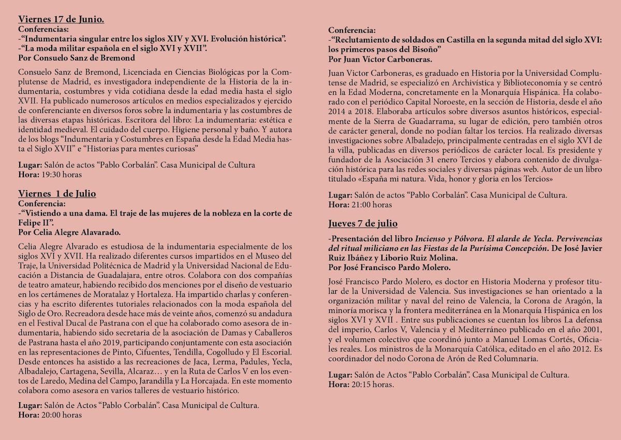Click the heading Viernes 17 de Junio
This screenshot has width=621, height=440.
61,20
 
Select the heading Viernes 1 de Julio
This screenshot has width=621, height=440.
57,194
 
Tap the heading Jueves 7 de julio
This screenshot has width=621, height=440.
363,223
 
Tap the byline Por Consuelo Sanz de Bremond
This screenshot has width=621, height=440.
77,58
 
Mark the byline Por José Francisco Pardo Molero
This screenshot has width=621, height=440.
390,267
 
